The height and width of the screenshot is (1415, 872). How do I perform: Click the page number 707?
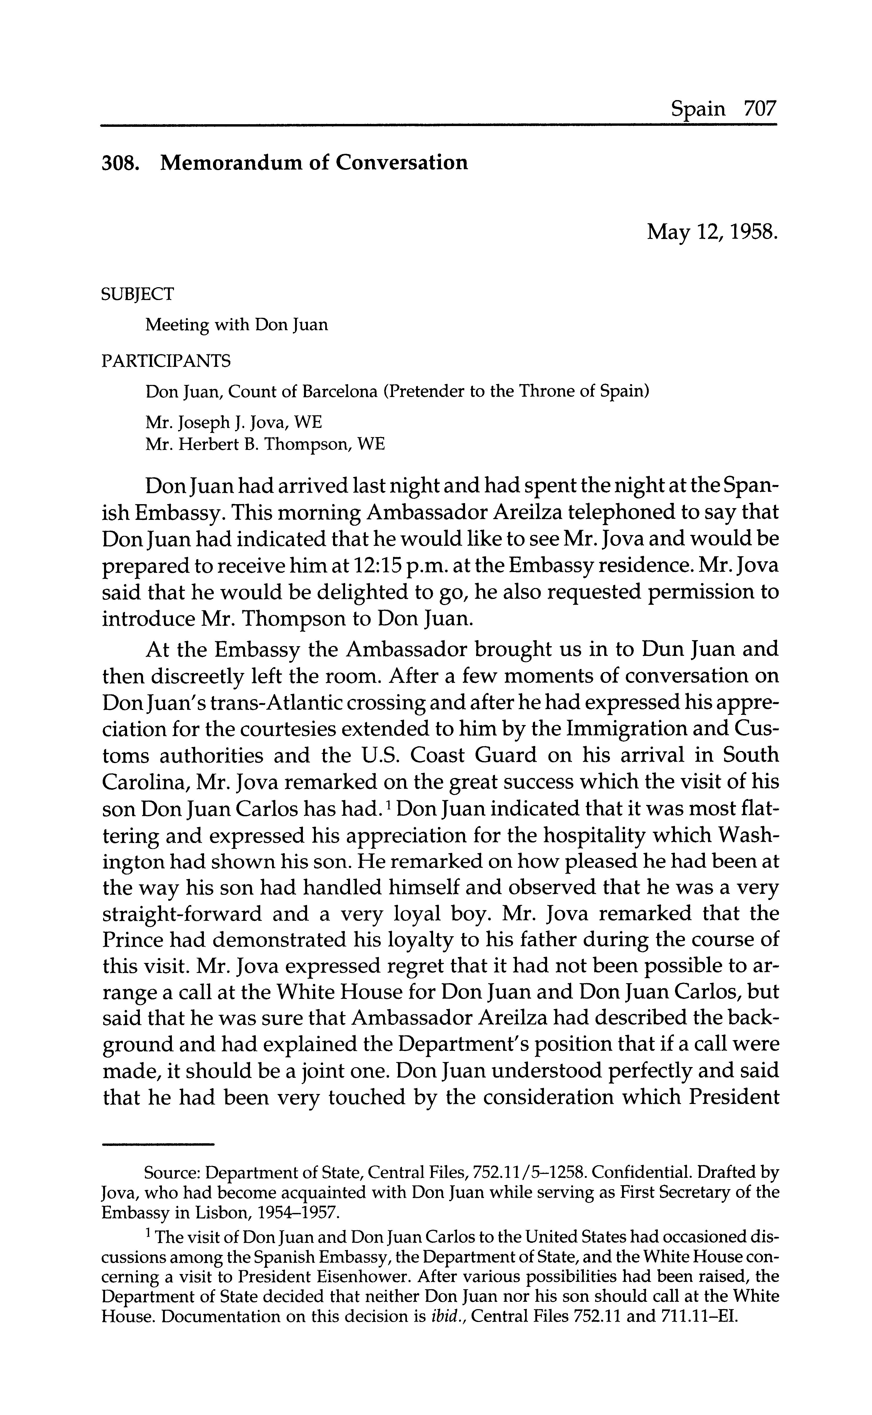pyautogui.click(x=760, y=109)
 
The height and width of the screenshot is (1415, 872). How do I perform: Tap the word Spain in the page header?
pyautogui.click(x=698, y=109)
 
